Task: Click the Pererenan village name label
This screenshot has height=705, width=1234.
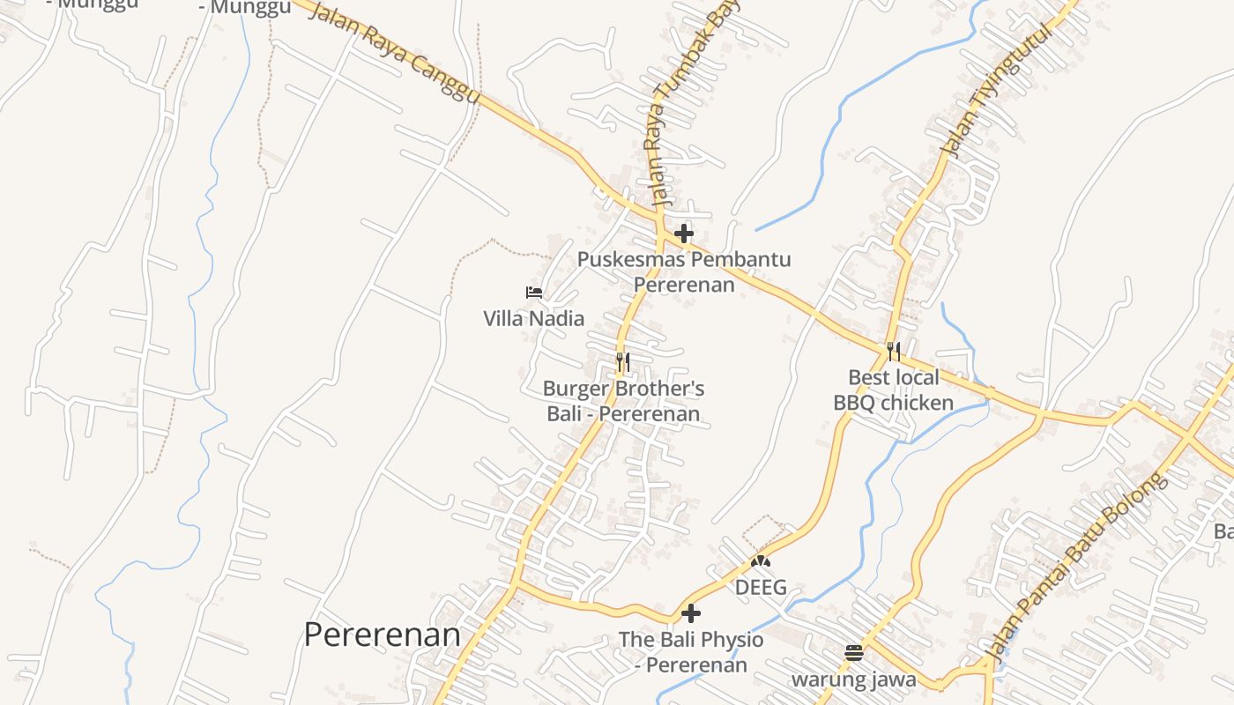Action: pos(382,634)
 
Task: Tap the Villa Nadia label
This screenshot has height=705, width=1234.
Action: pos(533,318)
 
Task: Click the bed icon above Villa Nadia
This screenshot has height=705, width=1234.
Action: pos(533,292)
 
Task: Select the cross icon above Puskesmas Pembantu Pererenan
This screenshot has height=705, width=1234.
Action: pos(683,234)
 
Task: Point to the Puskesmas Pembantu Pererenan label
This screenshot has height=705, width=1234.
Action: pos(684,271)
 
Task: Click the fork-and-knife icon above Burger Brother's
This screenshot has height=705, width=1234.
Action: pos(622,361)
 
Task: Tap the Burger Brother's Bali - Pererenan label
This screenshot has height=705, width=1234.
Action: pos(623,401)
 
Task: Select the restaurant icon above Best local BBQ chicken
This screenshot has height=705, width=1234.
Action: pos(894,352)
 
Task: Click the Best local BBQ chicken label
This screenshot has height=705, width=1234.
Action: pos(894,390)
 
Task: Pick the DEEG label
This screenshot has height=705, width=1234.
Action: pos(761,587)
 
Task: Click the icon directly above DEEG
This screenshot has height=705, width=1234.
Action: pos(761,560)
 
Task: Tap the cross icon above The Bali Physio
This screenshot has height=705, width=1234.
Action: pos(691,612)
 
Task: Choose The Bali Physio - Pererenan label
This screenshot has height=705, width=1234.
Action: pos(691,651)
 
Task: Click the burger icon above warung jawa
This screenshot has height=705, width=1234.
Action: pos(853,653)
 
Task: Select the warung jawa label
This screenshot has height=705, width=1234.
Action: pos(853,679)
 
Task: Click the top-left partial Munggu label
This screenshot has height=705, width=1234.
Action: pos(92,4)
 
